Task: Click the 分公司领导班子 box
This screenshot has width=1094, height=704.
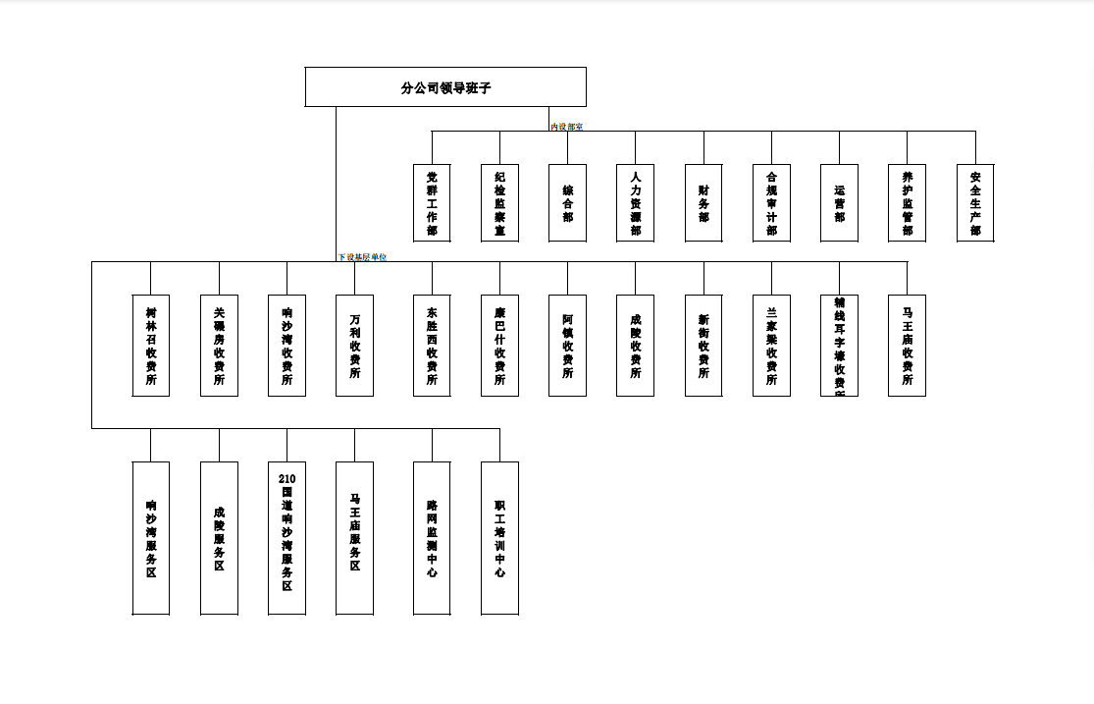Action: click(445, 87)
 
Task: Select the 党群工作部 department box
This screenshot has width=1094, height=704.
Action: click(432, 203)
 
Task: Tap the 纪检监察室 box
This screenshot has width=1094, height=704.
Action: click(499, 203)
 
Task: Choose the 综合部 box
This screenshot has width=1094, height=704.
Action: click(567, 203)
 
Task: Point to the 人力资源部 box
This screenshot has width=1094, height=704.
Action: click(635, 203)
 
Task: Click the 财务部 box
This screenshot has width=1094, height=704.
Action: click(703, 203)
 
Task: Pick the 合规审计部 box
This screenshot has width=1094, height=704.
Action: click(771, 203)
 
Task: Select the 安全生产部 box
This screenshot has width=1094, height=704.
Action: click(975, 203)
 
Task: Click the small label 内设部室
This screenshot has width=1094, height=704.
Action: click(566, 127)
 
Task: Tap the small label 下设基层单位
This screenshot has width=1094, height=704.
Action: click(362, 257)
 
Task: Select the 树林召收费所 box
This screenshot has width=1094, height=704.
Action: click(150, 346)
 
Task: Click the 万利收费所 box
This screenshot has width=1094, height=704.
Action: click(354, 346)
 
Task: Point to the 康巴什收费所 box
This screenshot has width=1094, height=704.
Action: click(499, 346)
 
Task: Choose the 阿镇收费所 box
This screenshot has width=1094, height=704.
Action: click(567, 346)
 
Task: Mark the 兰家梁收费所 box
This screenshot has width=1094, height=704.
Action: click(771, 346)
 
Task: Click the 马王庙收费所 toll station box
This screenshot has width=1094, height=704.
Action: click(907, 346)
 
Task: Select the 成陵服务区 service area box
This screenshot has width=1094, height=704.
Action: click(219, 538)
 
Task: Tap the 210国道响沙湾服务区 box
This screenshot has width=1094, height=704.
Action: click(287, 538)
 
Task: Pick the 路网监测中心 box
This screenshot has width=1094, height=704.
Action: click(432, 538)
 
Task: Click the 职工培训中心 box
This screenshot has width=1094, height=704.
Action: click(499, 538)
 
